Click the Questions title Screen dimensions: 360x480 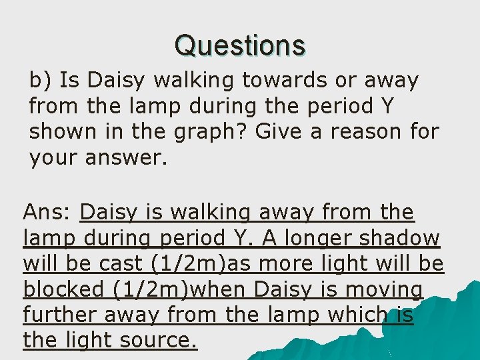pyautogui.click(x=240, y=46)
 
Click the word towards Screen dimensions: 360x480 pyautogui.click(x=276, y=81)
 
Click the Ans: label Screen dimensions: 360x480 pyautogui.click(x=47, y=213)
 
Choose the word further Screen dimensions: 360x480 pyautogui.click(x=57, y=315)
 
